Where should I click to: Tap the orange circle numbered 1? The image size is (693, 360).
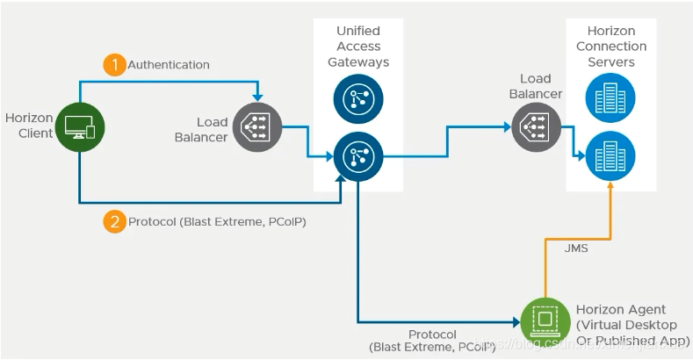(114, 65)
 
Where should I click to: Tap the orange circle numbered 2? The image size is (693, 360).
(114, 221)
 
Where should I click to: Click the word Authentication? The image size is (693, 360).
(169, 65)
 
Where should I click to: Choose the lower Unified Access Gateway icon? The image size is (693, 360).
(357, 156)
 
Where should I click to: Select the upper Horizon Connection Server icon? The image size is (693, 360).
(611, 97)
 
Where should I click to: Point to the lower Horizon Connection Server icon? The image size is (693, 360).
(611, 155)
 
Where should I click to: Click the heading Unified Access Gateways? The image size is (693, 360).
(358, 47)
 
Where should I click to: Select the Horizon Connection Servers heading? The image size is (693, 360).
(611, 47)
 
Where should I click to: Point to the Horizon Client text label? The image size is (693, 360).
(29, 125)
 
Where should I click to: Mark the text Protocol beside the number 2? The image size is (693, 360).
(153, 222)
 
